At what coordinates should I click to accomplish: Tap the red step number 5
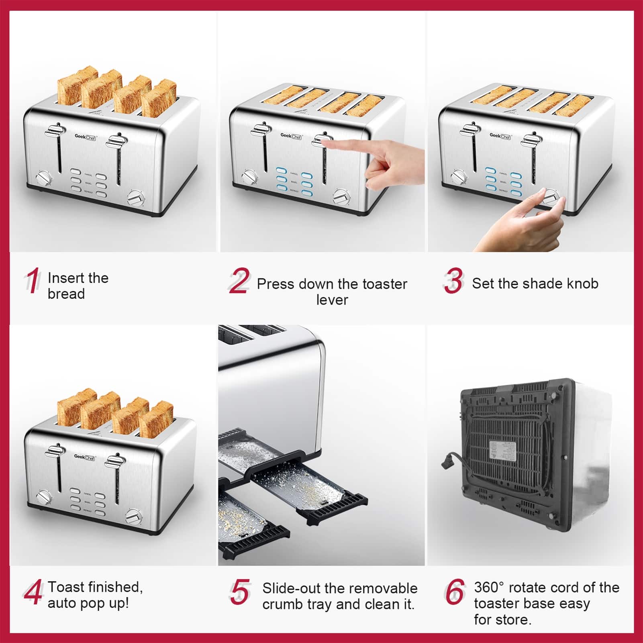point(240,592)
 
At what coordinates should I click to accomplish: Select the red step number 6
point(455,592)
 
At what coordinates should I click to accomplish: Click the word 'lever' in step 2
point(332,300)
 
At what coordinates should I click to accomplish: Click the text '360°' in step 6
point(488,588)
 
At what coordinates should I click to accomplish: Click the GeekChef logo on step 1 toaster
point(85,137)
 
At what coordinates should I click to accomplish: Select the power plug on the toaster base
point(447,462)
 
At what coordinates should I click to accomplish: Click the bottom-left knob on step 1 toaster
point(44,178)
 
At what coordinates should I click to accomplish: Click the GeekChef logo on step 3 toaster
point(500,136)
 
